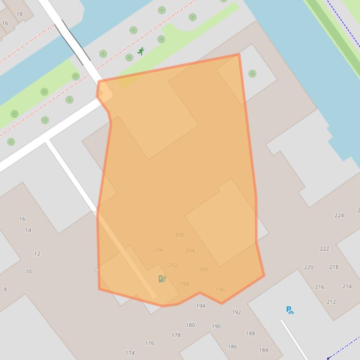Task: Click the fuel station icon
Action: [x=162, y=279]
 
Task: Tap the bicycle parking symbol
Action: [x=290, y=310]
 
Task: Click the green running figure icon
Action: [x=140, y=51]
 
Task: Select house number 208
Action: [x=179, y=235]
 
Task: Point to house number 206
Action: [x=158, y=250]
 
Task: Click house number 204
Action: [x=190, y=251]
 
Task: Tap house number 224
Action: [x=339, y=216]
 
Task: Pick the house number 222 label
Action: [x=324, y=249]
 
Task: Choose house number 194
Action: [x=201, y=306]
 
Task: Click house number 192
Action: [x=237, y=312]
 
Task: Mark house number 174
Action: [x=130, y=353]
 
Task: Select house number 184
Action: [x=264, y=350]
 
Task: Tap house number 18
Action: [x=19, y=14]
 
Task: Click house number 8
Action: [x=6, y=289]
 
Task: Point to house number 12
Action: [x=37, y=254]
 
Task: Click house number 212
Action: [x=331, y=302]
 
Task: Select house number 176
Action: [x=149, y=343]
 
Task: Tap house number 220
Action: [x=309, y=267]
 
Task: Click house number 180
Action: [x=190, y=325]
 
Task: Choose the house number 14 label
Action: [x=28, y=230]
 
